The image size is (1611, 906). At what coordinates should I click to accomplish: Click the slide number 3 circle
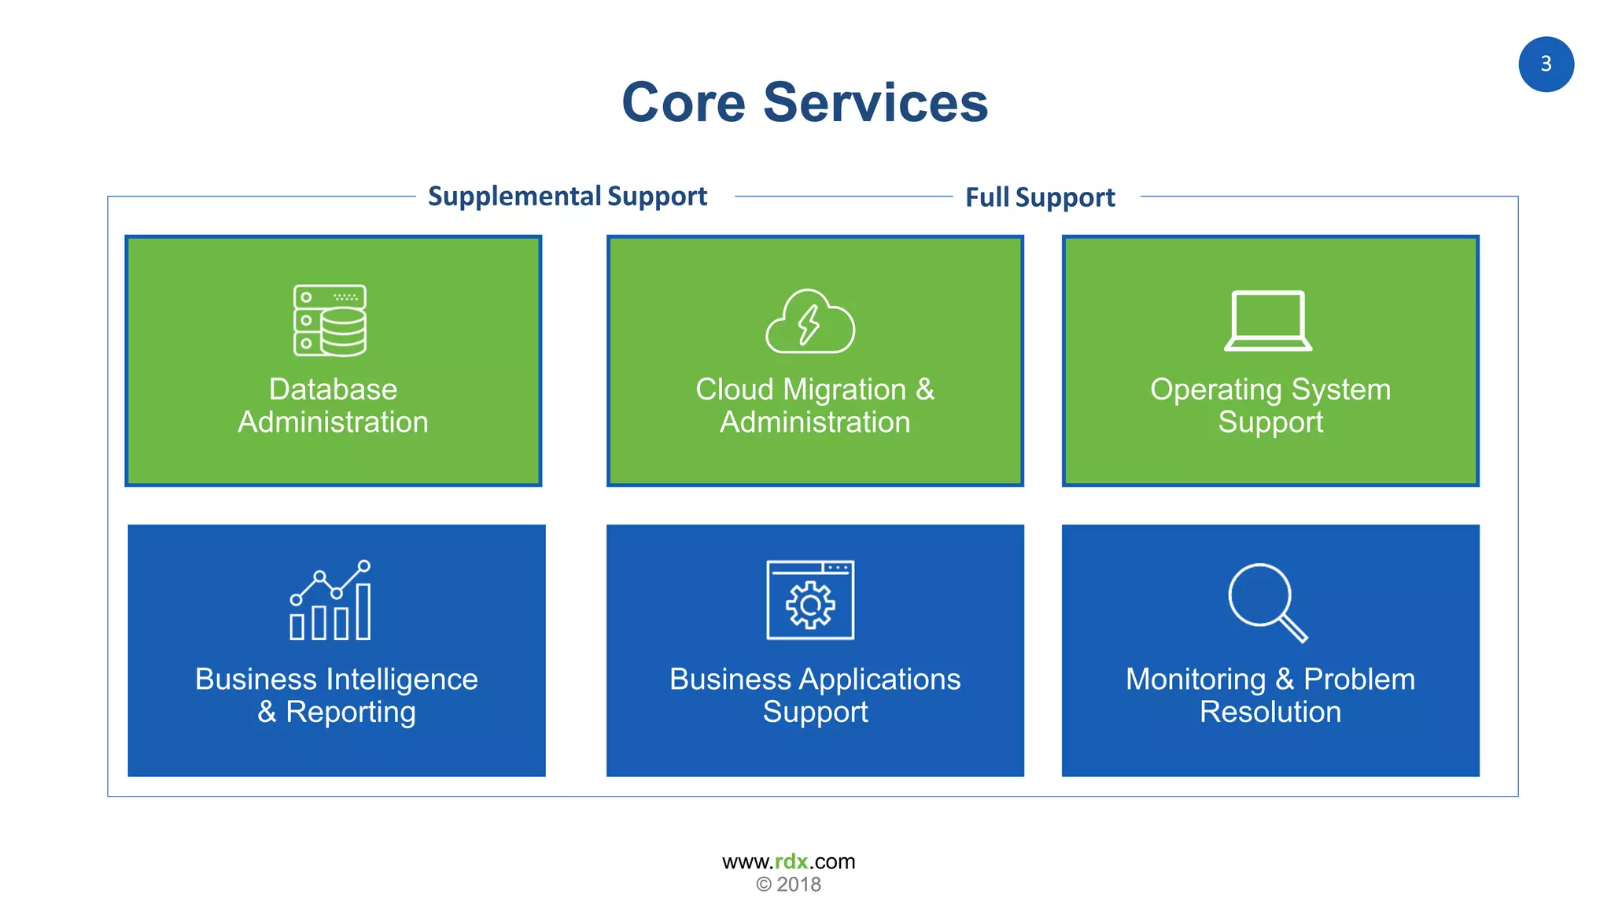1545,64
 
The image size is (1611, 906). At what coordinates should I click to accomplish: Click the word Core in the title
683,103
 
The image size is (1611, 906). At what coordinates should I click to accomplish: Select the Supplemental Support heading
567,196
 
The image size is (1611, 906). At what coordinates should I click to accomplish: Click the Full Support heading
1039,197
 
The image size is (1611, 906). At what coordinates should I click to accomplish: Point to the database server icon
330,320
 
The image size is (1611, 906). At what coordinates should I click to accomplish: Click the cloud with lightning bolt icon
810,322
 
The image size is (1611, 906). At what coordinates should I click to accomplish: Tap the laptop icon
1268,321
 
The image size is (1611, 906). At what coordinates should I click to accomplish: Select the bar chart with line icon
330,601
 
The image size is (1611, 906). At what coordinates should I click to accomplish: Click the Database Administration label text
333,406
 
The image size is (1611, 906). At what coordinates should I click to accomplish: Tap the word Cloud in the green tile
734,390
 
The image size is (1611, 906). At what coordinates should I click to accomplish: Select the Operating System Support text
1270,406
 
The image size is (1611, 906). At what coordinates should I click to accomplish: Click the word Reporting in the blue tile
350,713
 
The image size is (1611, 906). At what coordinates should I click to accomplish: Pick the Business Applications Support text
815,695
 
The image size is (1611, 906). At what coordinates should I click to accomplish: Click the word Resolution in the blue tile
1270,713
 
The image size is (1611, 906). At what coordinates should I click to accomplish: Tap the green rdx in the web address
791,862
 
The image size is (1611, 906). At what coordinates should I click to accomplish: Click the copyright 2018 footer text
788,885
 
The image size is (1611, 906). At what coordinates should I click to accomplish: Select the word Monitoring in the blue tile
1195,679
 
